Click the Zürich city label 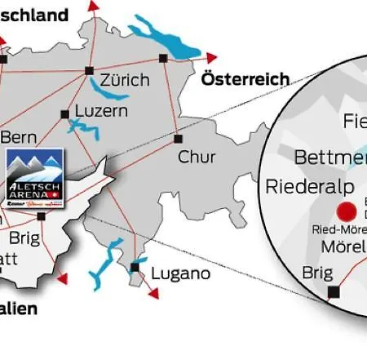[125, 80]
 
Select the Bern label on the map [17, 136]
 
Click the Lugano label [175, 273]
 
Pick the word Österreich [245, 79]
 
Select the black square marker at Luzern [64, 113]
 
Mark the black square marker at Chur [177, 139]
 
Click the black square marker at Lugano [135, 268]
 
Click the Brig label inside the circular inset [317, 272]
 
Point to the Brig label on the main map [24, 238]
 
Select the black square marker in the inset [333, 291]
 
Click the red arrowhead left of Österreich [213, 57]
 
